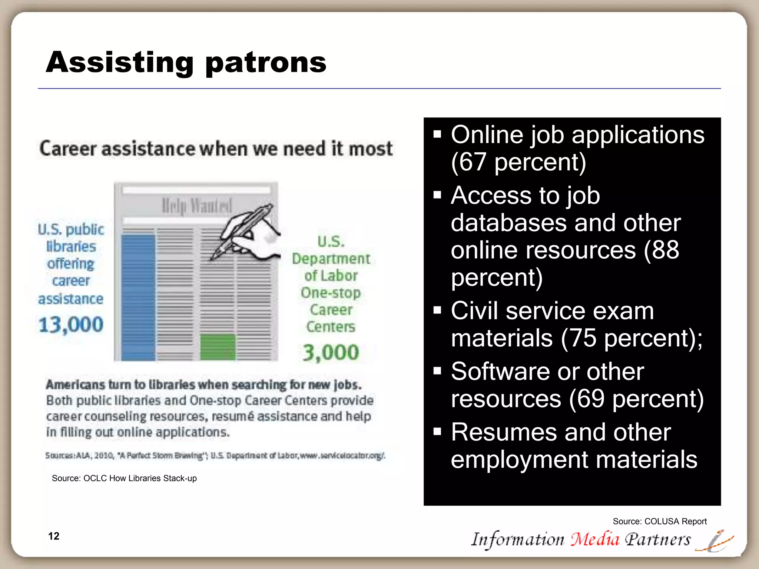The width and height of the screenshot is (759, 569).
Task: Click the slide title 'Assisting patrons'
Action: tap(186, 62)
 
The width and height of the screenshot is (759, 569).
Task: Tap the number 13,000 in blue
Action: tap(71, 325)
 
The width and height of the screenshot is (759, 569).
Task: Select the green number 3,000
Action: tap(331, 352)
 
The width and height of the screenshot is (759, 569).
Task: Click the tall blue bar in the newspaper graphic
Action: tap(138, 296)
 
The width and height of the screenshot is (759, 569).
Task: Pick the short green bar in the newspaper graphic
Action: tap(218, 347)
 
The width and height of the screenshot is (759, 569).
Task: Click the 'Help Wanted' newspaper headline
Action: tap(197, 206)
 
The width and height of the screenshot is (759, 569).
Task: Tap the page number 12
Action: tap(54, 536)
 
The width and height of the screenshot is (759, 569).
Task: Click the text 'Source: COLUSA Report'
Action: tap(660, 521)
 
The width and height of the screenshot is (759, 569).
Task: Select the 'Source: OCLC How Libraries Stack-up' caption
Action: tap(124, 478)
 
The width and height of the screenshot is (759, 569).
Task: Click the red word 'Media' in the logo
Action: tap(595, 539)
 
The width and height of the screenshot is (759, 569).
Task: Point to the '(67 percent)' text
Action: tap(518, 162)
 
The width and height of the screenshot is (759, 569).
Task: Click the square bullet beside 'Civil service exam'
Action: tap(437, 310)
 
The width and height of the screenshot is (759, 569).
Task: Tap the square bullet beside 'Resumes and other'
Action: tap(437, 431)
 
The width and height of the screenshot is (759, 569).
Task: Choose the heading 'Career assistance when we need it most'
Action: tap(216, 149)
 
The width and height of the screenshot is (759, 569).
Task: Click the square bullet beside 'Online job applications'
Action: tap(437, 134)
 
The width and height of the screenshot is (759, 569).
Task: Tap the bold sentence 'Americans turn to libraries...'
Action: tap(203, 385)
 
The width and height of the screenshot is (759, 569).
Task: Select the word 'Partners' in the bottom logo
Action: tap(658, 539)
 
